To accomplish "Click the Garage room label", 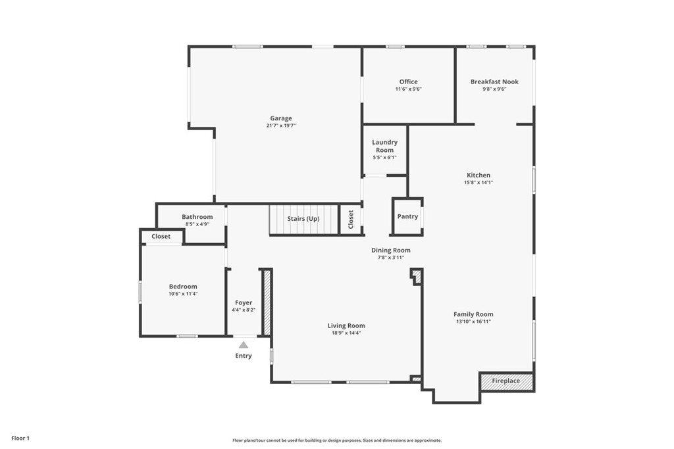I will [281, 118].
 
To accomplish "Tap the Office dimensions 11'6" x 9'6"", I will [408, 89].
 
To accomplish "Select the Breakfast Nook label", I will [494, 82].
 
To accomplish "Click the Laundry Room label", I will [384, 146].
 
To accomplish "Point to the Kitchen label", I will [479, 175].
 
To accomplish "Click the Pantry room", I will [407, 216].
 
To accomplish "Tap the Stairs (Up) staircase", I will [303, 219].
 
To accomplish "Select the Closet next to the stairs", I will [351, 219].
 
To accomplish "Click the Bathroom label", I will [197, 217].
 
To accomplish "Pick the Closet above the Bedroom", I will [161, 236].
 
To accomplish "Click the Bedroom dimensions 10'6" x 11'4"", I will [183, 294].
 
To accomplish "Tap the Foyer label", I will [244, 302].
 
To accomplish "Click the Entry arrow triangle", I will [244, 344].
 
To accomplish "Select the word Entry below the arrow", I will [244, 356].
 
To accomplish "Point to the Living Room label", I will [346, 325].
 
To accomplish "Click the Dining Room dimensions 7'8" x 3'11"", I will [391, 257].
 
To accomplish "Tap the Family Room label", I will [473, 314].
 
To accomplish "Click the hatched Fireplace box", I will [506, 381].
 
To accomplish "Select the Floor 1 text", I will [20, 438].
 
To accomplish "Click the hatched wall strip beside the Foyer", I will [267, 302].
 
